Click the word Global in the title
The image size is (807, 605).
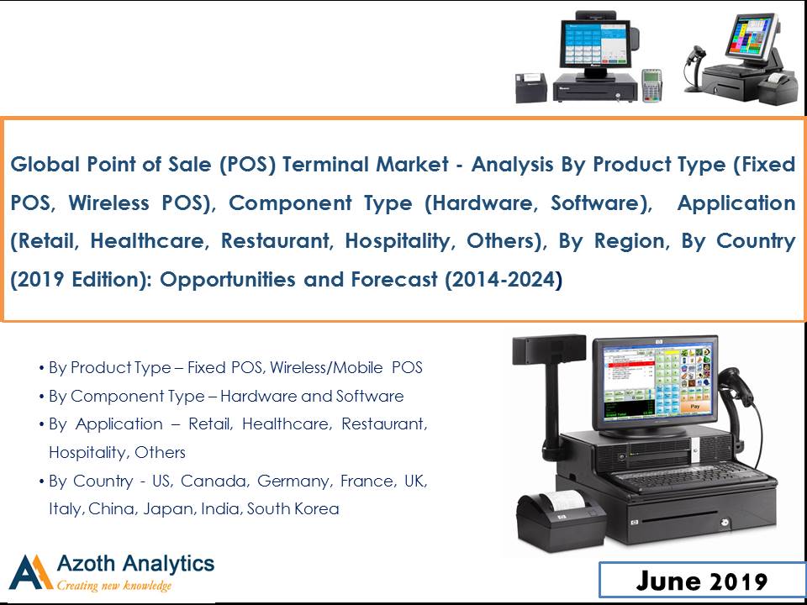point(45,164)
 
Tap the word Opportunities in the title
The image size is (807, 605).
point(228,280)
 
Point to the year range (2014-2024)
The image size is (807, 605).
point(504,280)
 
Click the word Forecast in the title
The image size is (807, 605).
point(394,280)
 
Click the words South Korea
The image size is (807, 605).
point(293,509)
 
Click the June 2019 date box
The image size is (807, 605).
point(702,581)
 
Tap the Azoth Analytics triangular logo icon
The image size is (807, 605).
point(31,572)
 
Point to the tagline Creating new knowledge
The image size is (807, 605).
point(113,586)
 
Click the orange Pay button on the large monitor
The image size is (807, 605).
point(695,407)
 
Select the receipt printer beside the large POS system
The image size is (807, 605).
point(561,520)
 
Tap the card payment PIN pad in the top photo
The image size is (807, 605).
point(651,85)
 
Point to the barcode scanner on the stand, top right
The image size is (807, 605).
point(695,68)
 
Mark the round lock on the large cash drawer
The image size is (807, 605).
point(724,523)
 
